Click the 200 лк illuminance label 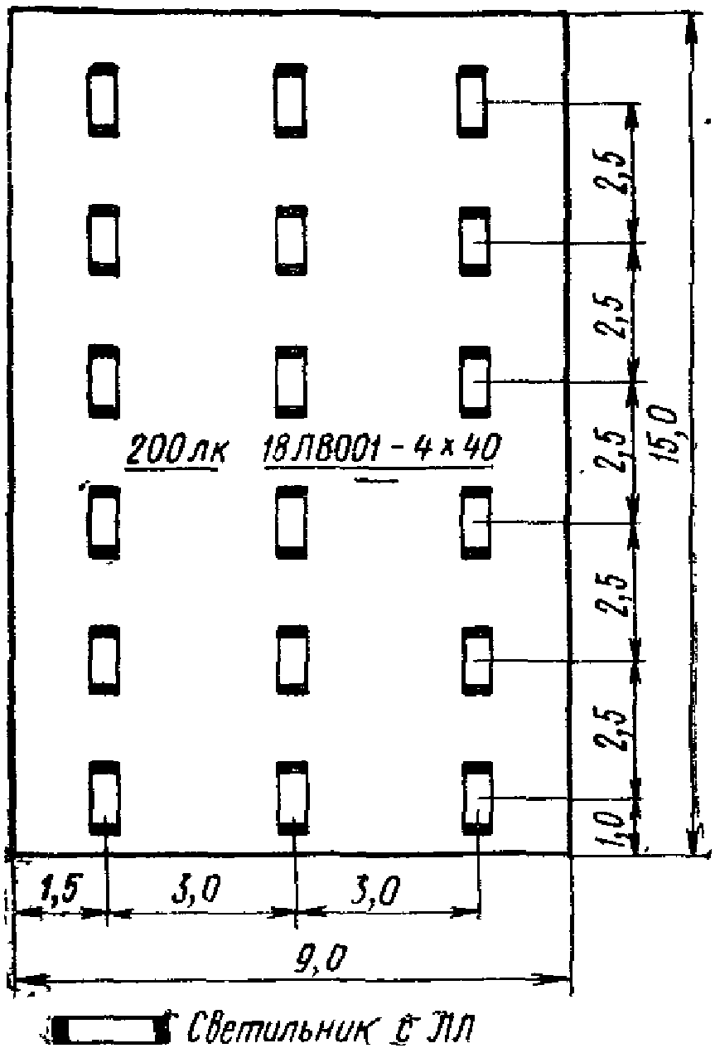pyautogui.click(x=175, y=451)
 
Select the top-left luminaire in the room pyautogui.click(x=103, y=99)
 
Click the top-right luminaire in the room pyautogui.click(x=471, y=100)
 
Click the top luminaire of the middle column pyautogui.click(x=291, y=99)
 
